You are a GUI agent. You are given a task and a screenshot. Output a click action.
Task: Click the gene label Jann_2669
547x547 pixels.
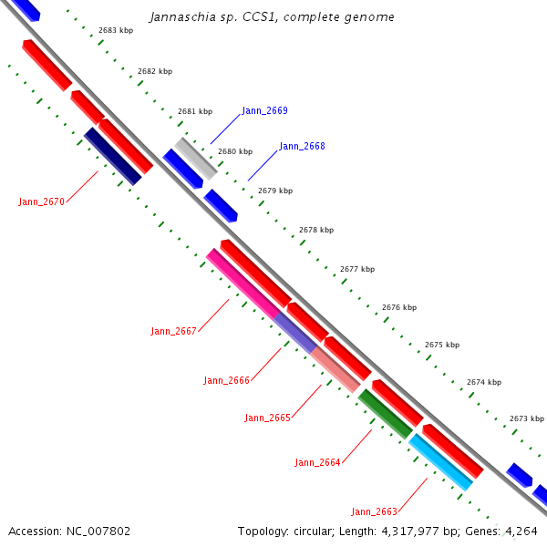tap(264, 110)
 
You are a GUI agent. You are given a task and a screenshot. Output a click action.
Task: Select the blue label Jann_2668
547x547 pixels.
tap(302, 146)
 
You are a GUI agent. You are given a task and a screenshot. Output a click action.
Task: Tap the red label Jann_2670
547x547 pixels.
tap(41, 201)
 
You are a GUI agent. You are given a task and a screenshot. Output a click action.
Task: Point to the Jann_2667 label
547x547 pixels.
tap(173, 331)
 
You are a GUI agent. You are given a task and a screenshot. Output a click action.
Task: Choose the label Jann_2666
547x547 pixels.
tap(226, 380)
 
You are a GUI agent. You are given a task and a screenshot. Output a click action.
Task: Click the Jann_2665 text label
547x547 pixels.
tap(267, 418)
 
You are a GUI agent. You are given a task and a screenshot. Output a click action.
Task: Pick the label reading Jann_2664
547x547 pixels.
tap(317, 462)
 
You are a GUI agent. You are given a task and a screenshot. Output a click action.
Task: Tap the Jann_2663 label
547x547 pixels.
tap(374, 511)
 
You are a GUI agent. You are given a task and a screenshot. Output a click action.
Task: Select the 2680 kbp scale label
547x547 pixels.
tap(234, 151)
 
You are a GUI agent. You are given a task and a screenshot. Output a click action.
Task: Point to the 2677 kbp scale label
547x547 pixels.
tap(357, 269)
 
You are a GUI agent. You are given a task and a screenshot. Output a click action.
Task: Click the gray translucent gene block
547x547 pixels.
tap(197, 158)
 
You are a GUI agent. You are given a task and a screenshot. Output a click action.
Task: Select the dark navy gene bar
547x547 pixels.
tap(112, 156)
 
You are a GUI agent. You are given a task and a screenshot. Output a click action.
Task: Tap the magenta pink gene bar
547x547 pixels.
tap(242, 283)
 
